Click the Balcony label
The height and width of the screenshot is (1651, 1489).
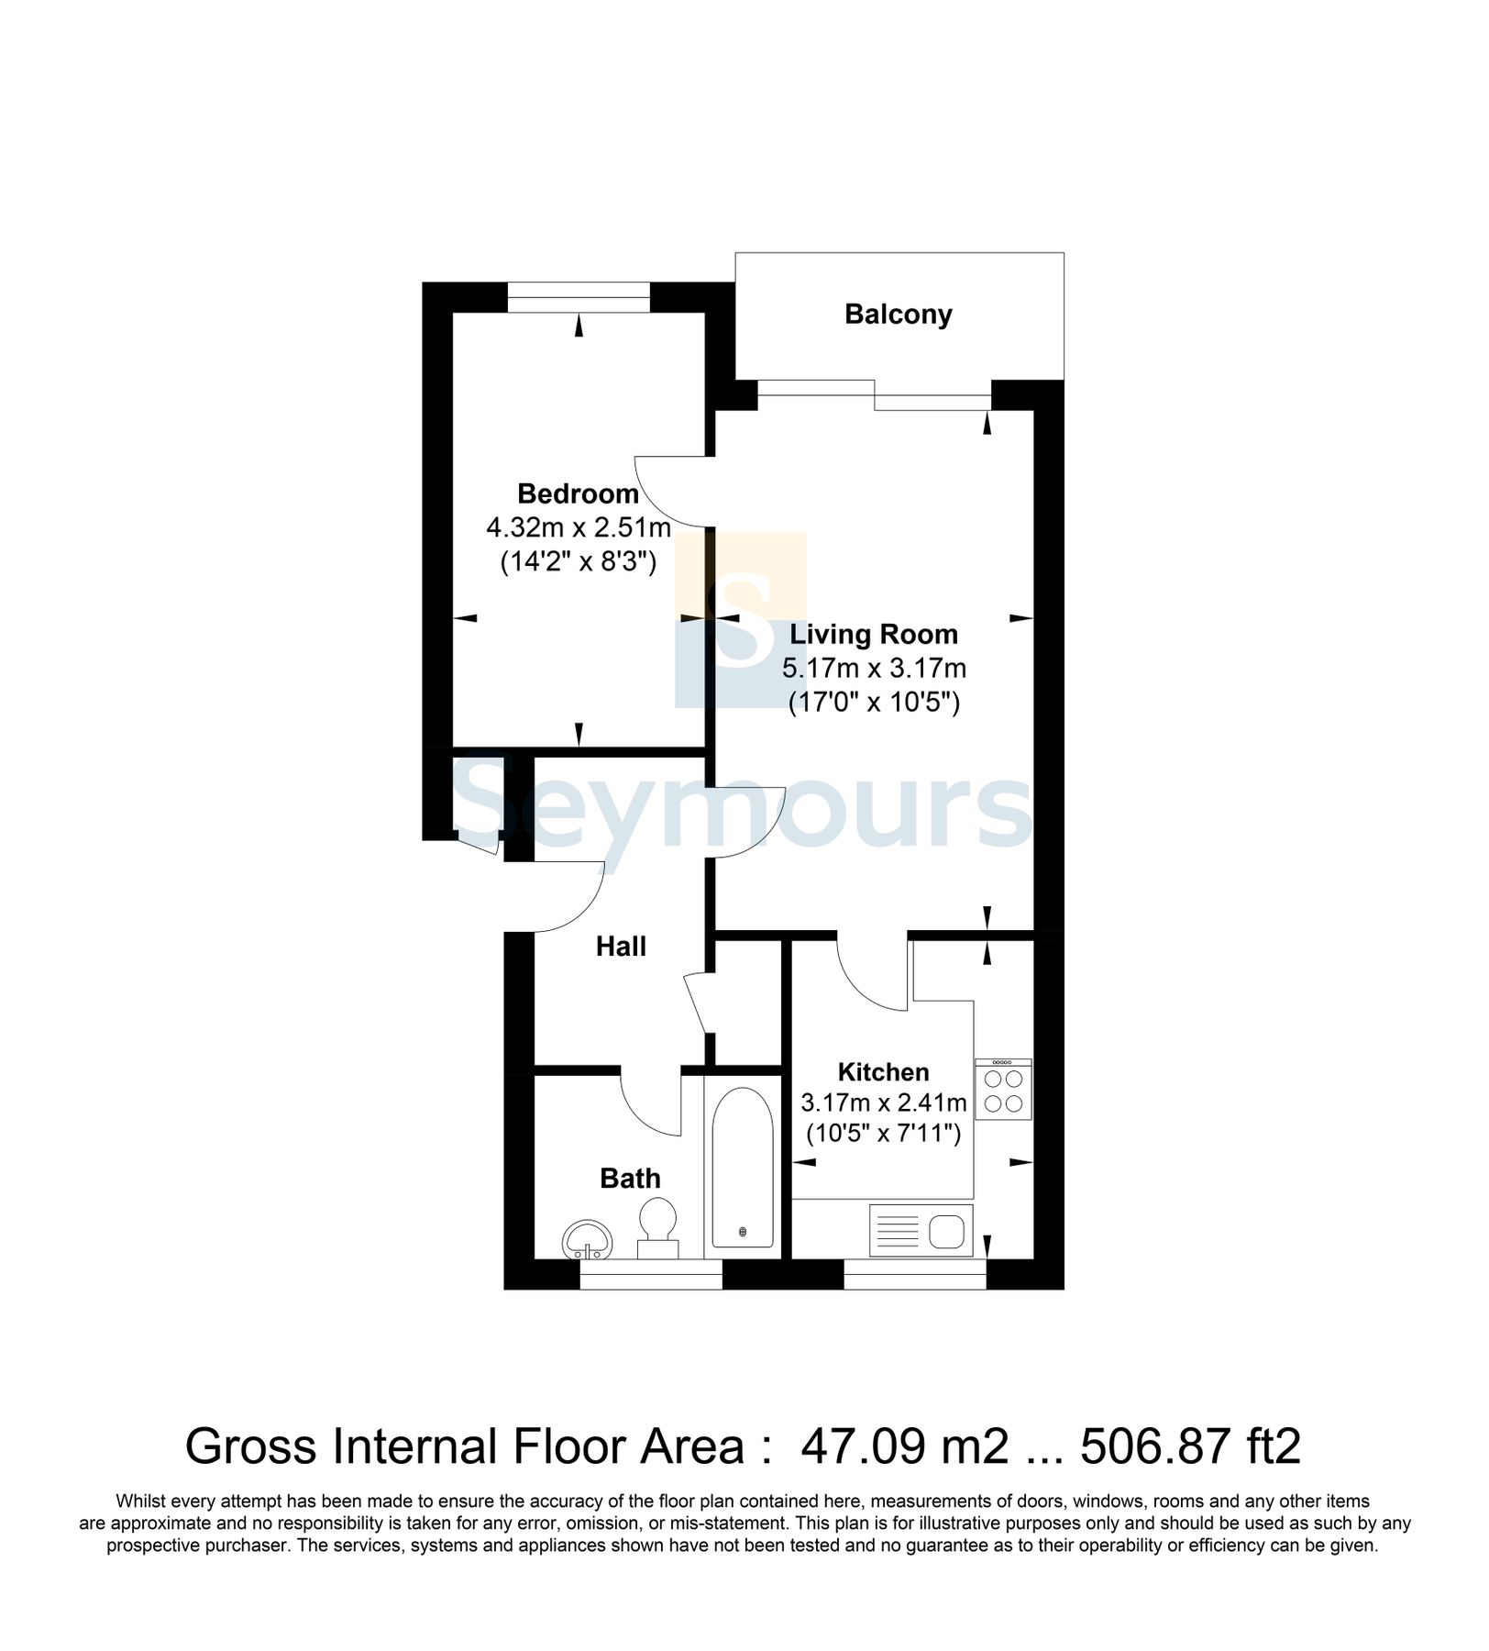click(898, 315)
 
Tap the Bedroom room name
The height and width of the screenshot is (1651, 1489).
click(578, 494)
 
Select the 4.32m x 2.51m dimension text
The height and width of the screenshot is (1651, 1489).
click(578, 528)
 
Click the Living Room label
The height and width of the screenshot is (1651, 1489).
click(874, 635)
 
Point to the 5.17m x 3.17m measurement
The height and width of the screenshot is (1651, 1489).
click(874, 669)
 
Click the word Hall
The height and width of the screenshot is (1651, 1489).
click(621, 947)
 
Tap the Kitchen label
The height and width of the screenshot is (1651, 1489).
click(883, 1072)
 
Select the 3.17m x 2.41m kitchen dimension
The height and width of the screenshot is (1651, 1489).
click(883, 1103)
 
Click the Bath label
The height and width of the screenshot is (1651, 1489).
click(630, 1179)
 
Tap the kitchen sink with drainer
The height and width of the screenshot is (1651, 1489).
click(921, 1231)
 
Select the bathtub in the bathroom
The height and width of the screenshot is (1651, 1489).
click(743, 1168)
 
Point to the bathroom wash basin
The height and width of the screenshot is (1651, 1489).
click(587, 1240)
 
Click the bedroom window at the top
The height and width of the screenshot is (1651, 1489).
click(579, 298)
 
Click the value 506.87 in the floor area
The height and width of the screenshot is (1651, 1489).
click(1154, 1447)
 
